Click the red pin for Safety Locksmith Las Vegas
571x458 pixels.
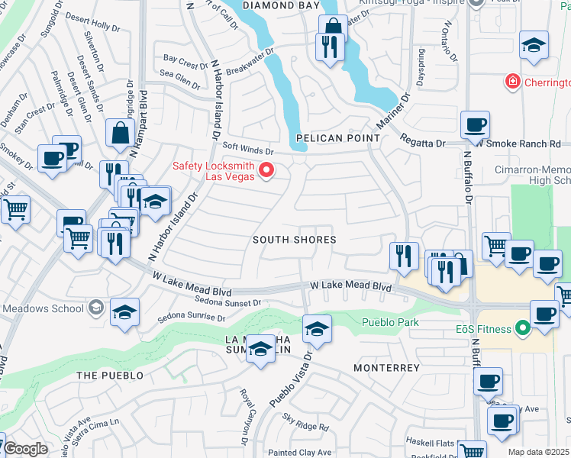(266, 170)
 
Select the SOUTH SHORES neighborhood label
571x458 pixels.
(295, 240)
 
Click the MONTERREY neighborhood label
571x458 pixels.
(387, 368)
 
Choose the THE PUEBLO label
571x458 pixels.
(110, 376)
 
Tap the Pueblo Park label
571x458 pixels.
(390, 322)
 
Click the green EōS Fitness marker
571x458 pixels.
(523, 329)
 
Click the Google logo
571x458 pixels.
(26, 449)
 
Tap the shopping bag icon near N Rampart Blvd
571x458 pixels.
(121, 132)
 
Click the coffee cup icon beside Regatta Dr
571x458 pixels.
(475, 124)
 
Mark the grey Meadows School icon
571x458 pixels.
(96, 308)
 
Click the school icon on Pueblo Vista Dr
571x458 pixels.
(317, 329)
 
